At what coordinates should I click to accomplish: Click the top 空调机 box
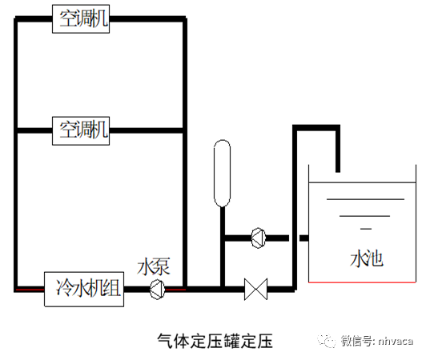(x=82, y=18)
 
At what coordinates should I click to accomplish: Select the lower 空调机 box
(x=82, y=128)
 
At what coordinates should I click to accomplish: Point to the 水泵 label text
(x=154, y=266)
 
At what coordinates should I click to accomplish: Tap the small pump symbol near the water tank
(x=258, y=237)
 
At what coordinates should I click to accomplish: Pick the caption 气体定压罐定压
(x=214, y=341)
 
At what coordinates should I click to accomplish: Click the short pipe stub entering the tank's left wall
(x=304, y=238)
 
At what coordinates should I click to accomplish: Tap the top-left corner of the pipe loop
(x=16, y=18)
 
